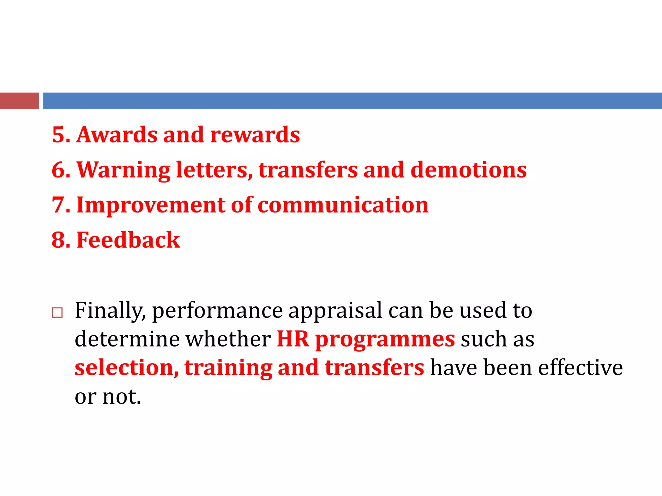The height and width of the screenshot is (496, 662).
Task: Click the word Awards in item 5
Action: [117, 135]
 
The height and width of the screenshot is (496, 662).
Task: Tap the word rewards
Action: [255, 135]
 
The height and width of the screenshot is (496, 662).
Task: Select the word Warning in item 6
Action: [123, 170]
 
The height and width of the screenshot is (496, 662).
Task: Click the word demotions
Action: [468, 170]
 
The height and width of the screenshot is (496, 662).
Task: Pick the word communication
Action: [343, 205]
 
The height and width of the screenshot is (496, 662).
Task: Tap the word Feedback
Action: [128, 240]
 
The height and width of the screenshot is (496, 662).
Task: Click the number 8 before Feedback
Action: [59, 240]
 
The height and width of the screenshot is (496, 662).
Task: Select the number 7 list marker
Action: [59, 205]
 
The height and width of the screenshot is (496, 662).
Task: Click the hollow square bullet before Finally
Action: [57, 313]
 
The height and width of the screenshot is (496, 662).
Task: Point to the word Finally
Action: [110, 311]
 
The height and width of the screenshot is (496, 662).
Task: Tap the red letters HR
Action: [293, 339]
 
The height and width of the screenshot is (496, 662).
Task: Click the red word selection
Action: [126, 368]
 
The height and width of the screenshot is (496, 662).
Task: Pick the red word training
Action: [228, 368]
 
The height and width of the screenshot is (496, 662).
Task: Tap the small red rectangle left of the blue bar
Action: [19, 101]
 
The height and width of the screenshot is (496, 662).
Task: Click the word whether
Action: [228, 339]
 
